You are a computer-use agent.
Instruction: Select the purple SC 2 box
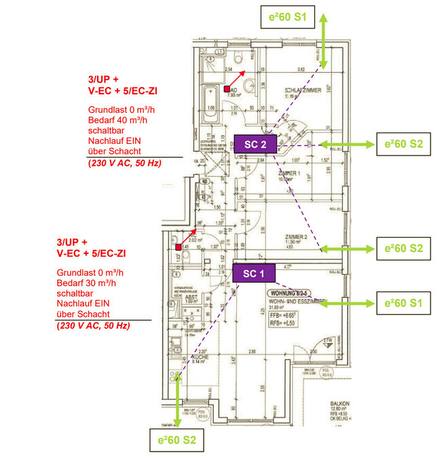pos(255,144)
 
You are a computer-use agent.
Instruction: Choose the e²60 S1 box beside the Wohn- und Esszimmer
pos(404,304)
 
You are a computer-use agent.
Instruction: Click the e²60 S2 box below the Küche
pos(177,440)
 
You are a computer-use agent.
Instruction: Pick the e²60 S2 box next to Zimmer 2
pos(404,249)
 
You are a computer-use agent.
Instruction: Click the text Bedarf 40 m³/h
pos(117,120)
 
